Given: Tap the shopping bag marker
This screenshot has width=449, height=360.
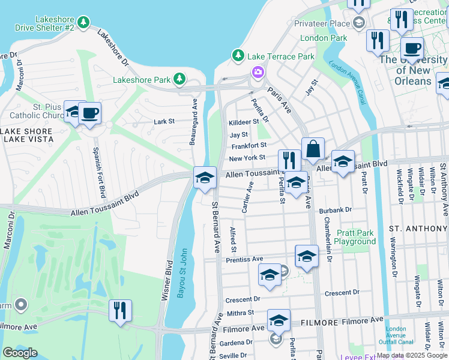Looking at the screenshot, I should [x=313, y=148].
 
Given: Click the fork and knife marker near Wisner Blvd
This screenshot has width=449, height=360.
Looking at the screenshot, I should [x=121, y=310].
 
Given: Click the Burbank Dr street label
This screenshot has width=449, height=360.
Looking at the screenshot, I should [x=335, y=210].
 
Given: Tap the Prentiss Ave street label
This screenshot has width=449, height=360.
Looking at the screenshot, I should [x=245, y=259].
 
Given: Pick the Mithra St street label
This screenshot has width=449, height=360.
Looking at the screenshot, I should [x=241, y=313].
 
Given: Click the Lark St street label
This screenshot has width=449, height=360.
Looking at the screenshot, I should [x=164, y=121].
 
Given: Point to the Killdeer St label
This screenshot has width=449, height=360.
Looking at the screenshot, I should [x=243, y=122].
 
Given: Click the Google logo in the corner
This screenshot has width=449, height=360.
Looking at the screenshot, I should [x=20, y=352].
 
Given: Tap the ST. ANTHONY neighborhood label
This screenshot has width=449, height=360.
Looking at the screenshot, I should [x=418, y=229].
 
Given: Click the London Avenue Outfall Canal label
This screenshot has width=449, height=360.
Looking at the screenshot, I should [x=396, y=335].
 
